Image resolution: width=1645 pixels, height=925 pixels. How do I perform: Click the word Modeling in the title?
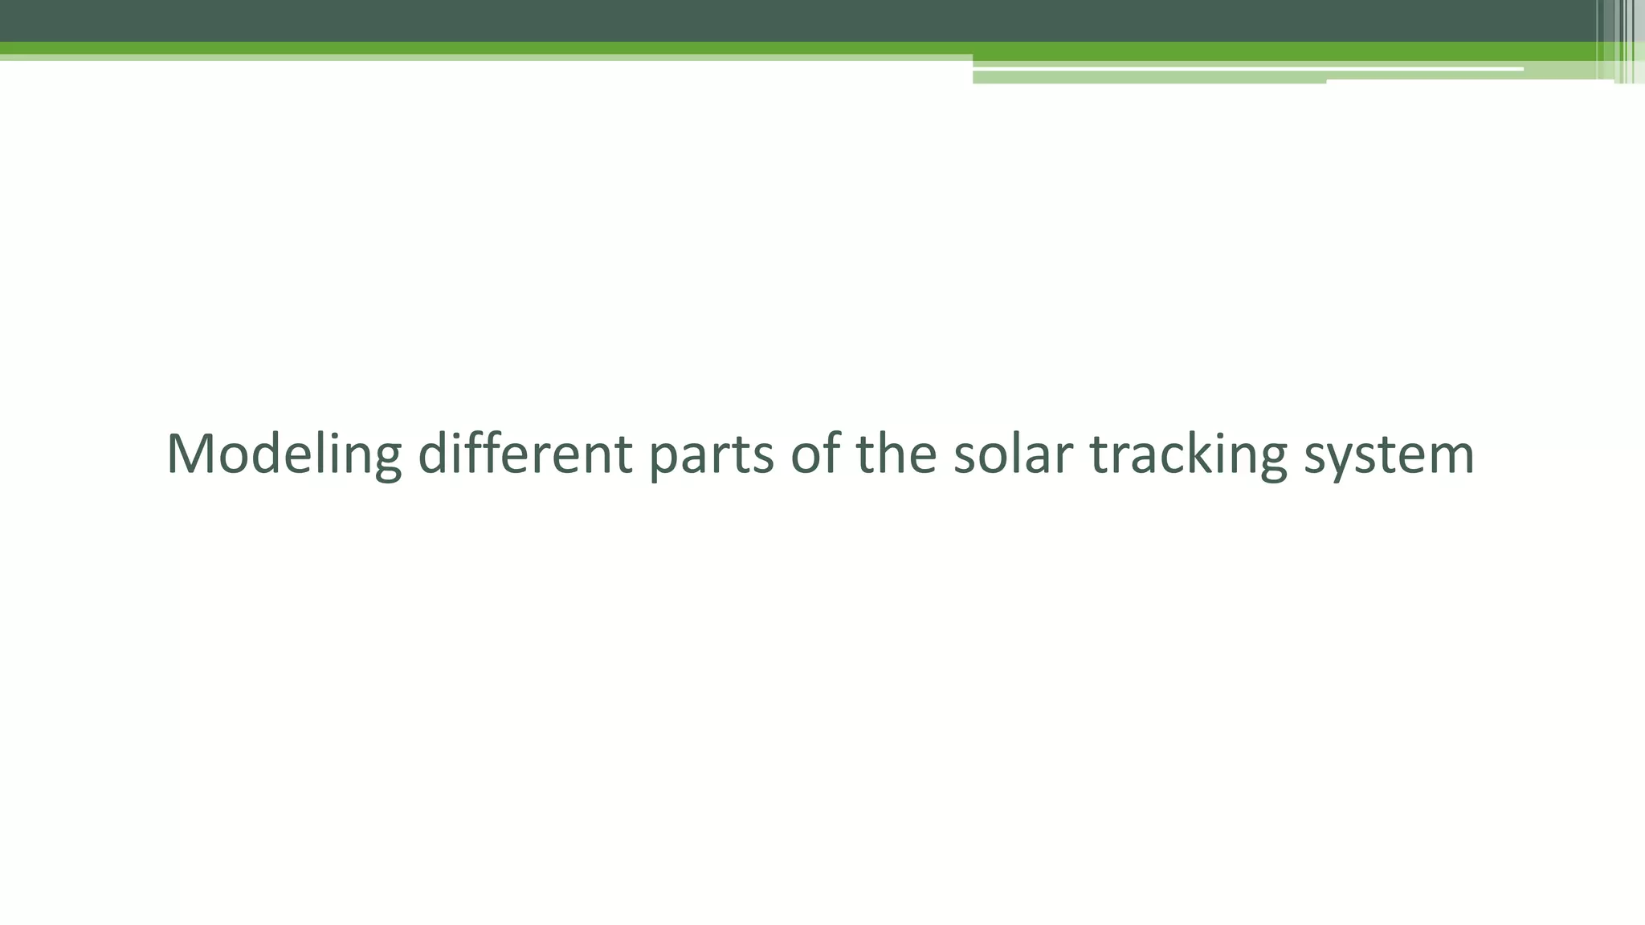click(x=283, y=454)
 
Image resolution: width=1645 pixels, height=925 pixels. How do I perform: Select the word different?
click(x=525, y=454)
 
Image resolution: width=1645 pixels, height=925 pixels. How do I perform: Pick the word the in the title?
click(x=896, y=454)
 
